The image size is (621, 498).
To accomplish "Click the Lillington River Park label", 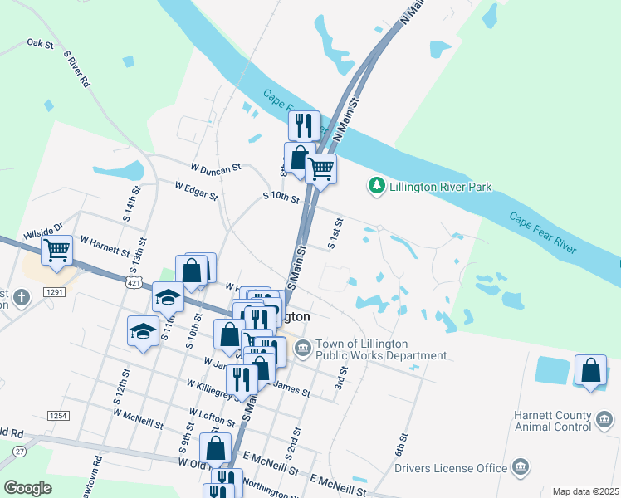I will point(440,187).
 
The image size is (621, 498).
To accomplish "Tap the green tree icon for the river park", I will point(377,187).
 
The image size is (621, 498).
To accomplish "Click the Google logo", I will point(28,487).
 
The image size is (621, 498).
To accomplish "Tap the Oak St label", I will point(40,42).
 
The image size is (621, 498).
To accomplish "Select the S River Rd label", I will point(76,69).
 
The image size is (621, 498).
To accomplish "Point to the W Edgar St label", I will point(197,191).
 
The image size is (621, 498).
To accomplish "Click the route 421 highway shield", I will point(134,282).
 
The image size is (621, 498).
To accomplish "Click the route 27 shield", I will point(18,452).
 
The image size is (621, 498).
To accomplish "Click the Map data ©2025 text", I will point(586,491).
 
